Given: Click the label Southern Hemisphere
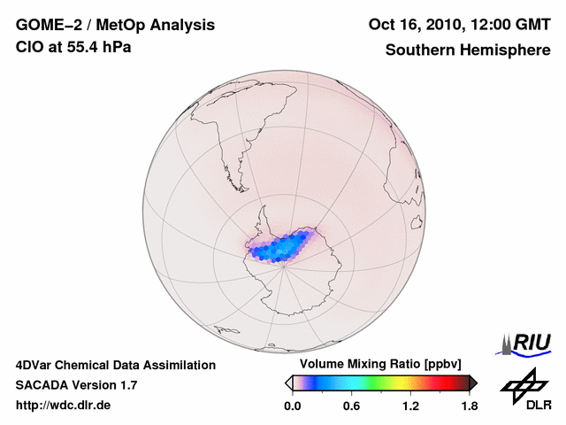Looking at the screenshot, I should [468, 50].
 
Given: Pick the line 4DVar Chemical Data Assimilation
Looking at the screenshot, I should [116, 365].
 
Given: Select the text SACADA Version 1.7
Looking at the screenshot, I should [76, 385].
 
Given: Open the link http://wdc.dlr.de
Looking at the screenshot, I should [64, 406].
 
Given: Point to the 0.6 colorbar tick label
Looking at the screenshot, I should [351, 406].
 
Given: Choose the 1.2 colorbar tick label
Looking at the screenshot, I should [410, 406].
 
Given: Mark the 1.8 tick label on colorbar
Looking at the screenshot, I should [470, 406].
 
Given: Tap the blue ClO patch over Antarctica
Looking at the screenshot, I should [281, 247].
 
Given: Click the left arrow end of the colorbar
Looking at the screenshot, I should [287, 382].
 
